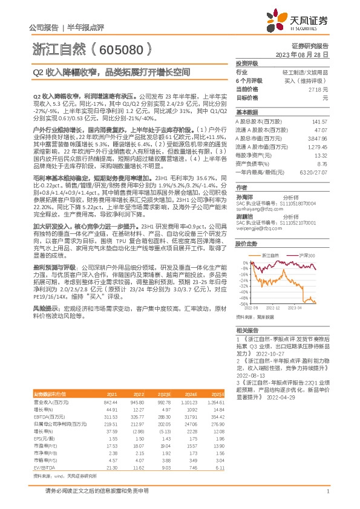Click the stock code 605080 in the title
(122, 48)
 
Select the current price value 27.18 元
(318, 88)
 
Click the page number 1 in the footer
(327, 491)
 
